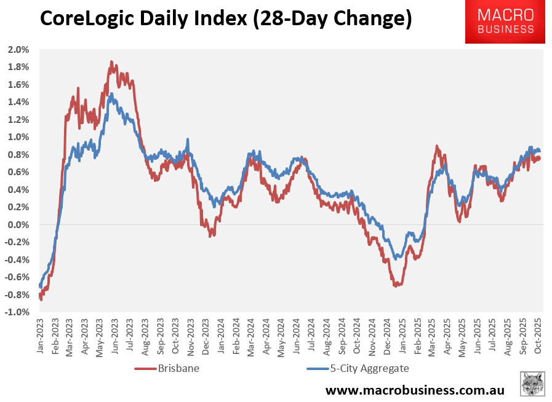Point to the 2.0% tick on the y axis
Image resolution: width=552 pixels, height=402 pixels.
(x=18, y=49)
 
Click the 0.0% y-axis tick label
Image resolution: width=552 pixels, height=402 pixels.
(x=18, y=225)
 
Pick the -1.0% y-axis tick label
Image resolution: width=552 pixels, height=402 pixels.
(x=17, y=312)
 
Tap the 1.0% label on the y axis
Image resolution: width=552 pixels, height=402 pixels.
(x=18, y=137)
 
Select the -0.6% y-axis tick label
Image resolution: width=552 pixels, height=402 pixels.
(x=17, y=277)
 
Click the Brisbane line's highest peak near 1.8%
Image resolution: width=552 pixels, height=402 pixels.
(x=111, y=61)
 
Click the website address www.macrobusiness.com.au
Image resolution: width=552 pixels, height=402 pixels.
(x=415, y=390)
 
